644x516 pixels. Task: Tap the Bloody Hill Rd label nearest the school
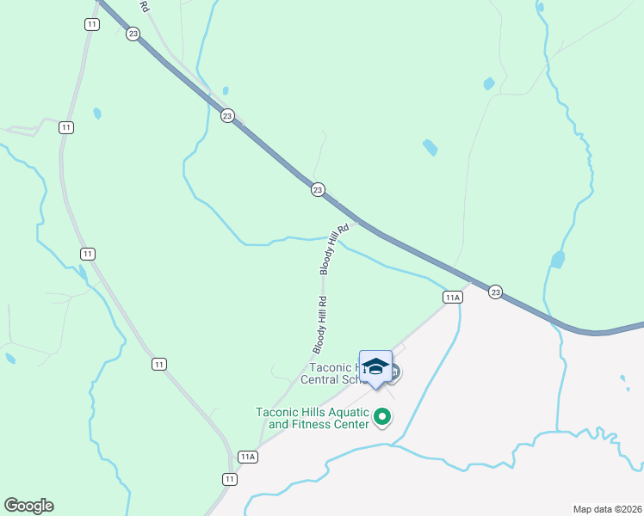[320, 325]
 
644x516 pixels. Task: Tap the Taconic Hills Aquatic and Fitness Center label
[313, 417]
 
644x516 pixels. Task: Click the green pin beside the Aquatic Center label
[383, 419]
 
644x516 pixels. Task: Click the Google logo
[28, 506]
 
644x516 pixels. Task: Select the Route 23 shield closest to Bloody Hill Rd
[318, 190]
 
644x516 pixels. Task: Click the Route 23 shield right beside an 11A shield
[494, 292]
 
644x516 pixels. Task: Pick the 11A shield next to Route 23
[454, 297]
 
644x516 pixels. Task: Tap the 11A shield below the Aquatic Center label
[249, 457]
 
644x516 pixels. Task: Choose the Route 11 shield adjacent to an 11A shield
[229, 479]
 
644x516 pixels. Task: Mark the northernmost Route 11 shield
[91, 24]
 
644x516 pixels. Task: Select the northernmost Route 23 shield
[132, 34]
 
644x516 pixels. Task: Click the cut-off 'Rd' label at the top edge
[144, 5]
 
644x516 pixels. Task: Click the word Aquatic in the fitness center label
[349, 411]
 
